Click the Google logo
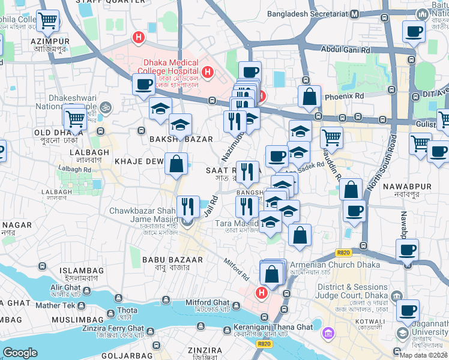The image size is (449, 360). pyautogui.click(x=20, y=353)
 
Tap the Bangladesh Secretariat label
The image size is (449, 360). pyautogui.click(x=309, y=13)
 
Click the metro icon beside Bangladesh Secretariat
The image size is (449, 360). pyautogui.click(x=355, y=13)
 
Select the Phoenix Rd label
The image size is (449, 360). pyautogui.click(x=345, y=96)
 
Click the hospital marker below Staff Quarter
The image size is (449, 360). pyautogui.click(x=139, y=38)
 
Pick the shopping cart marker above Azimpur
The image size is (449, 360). pyautogui.click(x=47, y=21)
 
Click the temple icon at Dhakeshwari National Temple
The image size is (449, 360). pyautogui.click(x=106, y=106)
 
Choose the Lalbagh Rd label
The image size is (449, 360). pyautogui.click(x=76, y=170)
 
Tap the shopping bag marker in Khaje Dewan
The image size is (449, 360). pyautogui.click(x=176, y=164)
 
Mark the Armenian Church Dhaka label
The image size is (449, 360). pyautogui.click(x=335, y=265)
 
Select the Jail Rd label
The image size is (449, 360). pyautogui.click(x=209, y=208)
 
